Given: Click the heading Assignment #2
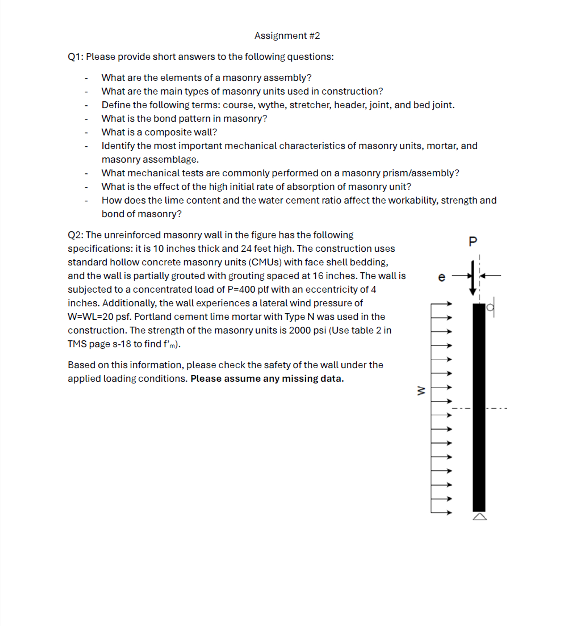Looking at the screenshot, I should click(287, 36).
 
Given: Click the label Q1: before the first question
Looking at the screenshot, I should click(75, 57).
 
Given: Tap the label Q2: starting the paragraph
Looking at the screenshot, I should click(75, 235).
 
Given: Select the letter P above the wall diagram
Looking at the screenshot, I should click(473, 241).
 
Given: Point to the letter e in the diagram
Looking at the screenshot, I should click(441, 277).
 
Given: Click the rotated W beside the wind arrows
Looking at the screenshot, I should click(421, 391).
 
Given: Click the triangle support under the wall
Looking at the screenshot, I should click(480, 517).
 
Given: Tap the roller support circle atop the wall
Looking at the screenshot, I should click(490, 307).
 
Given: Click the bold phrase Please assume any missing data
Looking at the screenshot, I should click(267, 379).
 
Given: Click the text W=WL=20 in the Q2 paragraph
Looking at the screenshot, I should click(90, 317).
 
